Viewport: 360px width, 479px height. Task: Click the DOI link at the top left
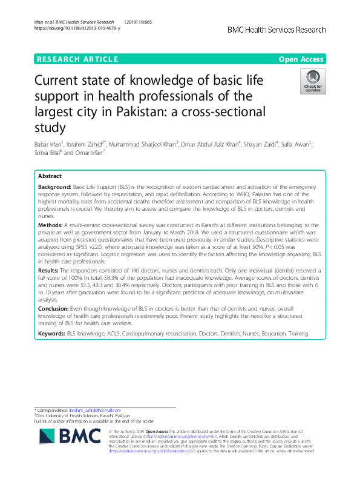pos(76,28)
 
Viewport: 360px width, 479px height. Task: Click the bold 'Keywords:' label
pos(51,334)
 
